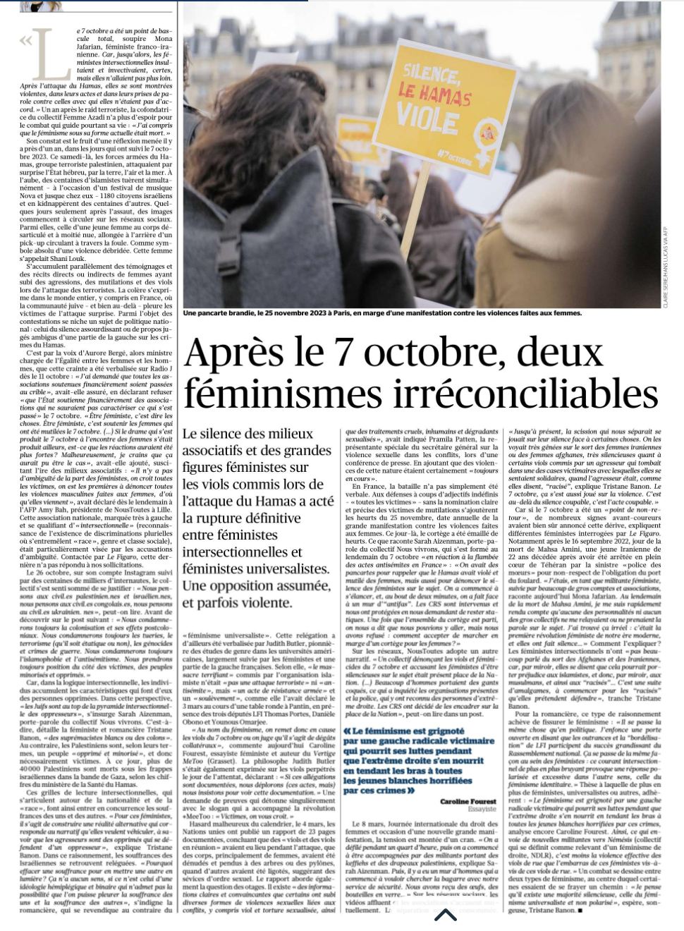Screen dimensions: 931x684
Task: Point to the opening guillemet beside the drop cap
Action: click(x=25, y=41)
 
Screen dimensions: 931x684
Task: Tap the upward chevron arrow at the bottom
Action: click(x=445, y=915)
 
